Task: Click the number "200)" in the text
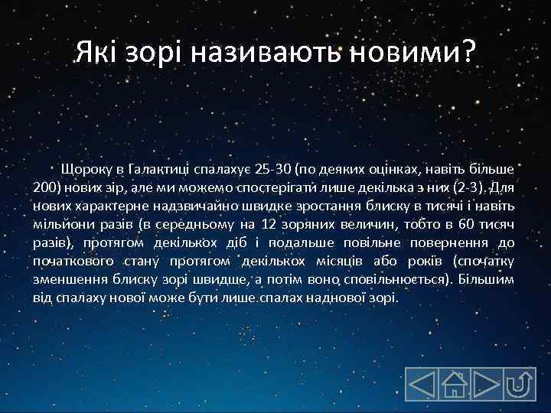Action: coord(50,187)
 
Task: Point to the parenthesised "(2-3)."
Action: coord(469,187)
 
